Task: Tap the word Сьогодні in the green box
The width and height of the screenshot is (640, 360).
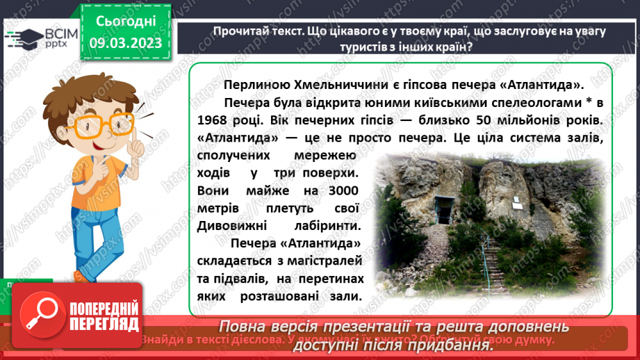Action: (x=125, y=22)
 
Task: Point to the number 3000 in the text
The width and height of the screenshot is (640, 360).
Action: (x=339, y=191)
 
